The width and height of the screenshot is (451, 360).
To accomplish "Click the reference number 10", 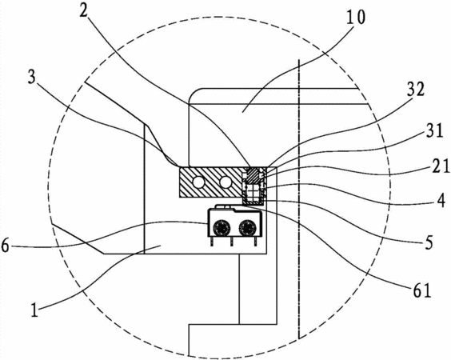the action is [355, 18].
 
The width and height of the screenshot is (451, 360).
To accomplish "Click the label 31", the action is [433, 131].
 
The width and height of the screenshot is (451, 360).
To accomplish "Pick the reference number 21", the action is [440, 166].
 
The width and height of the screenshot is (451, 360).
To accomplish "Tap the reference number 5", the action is [429, 242].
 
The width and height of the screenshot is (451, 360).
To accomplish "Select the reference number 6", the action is [5, 246].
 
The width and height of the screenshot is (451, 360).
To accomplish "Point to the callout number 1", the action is [34, 310].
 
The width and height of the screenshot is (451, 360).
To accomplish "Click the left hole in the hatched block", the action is [198, 182].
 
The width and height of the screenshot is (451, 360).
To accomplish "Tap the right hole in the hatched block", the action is [225, 182].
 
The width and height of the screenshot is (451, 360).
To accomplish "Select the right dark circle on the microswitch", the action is [247, 228].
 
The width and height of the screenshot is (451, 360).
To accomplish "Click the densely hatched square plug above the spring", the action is [253, 176].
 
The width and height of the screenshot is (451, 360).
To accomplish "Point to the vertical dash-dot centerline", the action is [299, 198].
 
